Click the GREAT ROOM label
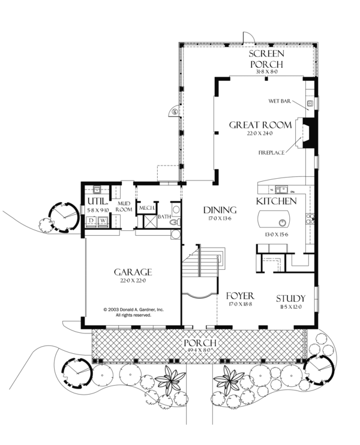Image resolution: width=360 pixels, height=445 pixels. pyautogui.click(x=260, y=125)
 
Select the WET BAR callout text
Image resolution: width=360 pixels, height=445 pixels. pyautogui.click(x=280, y=102)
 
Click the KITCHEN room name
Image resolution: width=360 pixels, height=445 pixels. pyautogui.click(x=276, y=200)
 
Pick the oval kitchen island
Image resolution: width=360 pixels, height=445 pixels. pyautogui.click(x=277, y=217)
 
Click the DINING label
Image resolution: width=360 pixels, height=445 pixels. pyautogui.click(x=220, y=210)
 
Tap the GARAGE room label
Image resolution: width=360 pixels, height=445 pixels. pyautogui.click(x=133, y=272)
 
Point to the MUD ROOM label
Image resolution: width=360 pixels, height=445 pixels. pyautogui.click(x=124, y=206)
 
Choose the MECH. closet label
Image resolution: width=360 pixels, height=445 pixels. pyautogui.click(x=147, y=208)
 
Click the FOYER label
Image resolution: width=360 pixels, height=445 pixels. pyautogui.click(x=240, y=296)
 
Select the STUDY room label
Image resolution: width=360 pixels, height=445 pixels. pyautogui.click(x=290, y=298)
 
